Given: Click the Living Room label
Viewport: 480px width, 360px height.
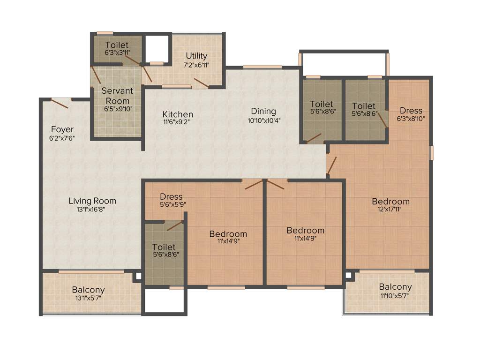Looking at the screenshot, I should [x=92, y=201].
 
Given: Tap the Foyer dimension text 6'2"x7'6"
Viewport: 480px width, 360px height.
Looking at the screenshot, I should [x=62, y=138].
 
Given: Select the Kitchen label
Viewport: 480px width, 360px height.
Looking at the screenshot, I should [x=178, y=114].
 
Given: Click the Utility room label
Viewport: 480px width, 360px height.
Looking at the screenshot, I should [x=196, y=56].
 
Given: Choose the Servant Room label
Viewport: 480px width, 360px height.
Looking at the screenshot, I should [x=117, y=96].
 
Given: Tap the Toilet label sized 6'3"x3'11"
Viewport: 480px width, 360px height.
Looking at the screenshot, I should [x=117, y=45].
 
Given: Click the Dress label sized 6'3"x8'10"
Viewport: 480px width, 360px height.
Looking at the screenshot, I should [x=411, y=111].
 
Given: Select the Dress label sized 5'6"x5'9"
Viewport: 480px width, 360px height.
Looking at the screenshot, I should [x=171, y=196].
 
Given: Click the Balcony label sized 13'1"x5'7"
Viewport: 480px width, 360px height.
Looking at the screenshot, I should [x=88, y=290].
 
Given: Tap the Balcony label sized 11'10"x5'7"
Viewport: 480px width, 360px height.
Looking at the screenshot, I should [x=395, y=287].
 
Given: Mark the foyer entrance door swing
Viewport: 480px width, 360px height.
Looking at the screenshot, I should [x=60, y=103].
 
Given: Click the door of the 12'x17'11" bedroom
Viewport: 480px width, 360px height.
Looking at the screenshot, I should [x=331, y=165].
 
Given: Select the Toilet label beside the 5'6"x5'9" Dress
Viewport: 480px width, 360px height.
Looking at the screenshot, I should [x=164, y=247].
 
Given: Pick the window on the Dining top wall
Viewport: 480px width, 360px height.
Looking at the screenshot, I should [x=262, y=67].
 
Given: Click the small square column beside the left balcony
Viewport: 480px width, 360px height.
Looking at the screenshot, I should [x=137, y=277].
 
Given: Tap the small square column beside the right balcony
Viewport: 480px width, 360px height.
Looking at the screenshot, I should [x=349, y=276].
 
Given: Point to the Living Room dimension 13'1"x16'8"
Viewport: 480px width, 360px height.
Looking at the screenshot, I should [x=92, y=210].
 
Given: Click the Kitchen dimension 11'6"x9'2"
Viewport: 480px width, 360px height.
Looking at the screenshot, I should [x=178, y=122].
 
